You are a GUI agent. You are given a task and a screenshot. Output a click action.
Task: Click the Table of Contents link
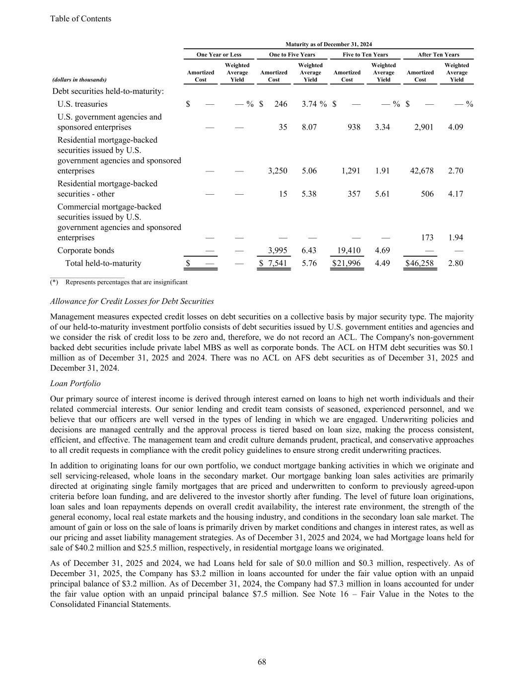tap(80, 19)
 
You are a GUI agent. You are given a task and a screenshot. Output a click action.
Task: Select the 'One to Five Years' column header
tap(292, 55)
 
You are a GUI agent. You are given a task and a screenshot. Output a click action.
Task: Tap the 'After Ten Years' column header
tap(439, 55)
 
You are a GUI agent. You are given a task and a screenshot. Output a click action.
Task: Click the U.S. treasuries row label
tap(82, 104)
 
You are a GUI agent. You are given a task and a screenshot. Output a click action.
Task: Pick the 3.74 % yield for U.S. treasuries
tap(314, 104)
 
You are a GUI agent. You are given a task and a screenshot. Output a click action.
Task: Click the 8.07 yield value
tap(309, 127)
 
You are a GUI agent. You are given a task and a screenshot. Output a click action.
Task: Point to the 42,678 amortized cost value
tap(422, 170)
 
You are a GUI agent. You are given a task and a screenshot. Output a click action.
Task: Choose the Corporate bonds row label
tap(85, 250)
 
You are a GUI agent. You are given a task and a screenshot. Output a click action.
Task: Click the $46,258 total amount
tap(420, 263)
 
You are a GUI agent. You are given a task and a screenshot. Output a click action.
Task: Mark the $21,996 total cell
tap(347, 263)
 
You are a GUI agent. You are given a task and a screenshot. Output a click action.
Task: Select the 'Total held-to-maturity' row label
tap(103, 263)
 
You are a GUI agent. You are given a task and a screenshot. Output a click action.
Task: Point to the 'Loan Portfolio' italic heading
tap(75, 383)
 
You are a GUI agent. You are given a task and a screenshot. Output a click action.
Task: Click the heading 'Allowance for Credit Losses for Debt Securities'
tap(132, 301)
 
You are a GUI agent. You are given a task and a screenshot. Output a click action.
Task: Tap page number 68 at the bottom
tap(262, 662)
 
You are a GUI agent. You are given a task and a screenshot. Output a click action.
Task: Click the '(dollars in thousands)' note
tap(79, 79)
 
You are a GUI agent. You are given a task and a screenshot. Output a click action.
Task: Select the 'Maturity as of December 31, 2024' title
tap(329, 44)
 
